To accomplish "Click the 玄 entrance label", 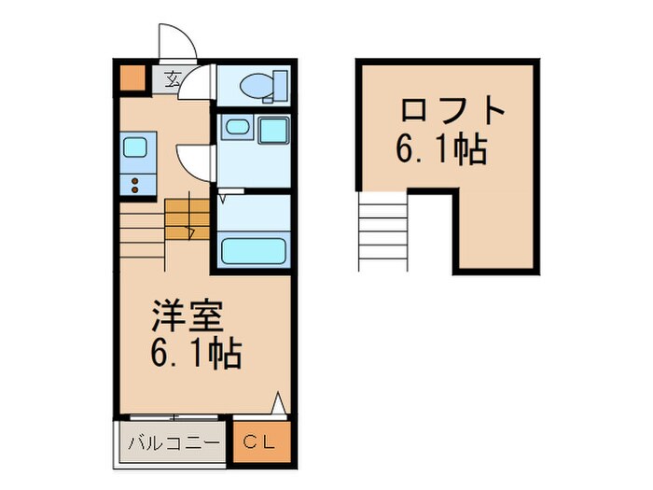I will click(174, 78).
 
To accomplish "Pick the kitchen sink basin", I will click(134, 147).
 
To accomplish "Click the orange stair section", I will click(187, 221).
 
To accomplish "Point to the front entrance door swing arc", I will click(177, 42).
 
